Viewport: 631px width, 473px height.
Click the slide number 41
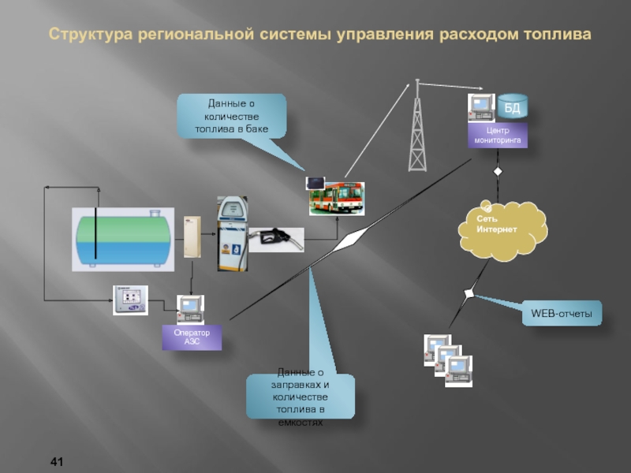click(56, 460)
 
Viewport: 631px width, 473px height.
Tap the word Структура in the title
click(90, 35)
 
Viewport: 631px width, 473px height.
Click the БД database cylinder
click(512, 108)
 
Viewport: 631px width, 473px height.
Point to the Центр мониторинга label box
click(498, 135)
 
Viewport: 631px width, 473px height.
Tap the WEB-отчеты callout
click(561, 315)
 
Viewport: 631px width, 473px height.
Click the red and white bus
click(337, 198)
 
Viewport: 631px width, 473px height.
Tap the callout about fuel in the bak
click(232, 115)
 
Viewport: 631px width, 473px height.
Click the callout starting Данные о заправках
click(300, 397)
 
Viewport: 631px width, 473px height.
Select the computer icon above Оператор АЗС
click(190, 310)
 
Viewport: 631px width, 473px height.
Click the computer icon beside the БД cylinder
click(481, 108)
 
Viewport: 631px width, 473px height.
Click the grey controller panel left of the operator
click(130, 300)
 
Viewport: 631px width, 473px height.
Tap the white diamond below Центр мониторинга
click(498, 172)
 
